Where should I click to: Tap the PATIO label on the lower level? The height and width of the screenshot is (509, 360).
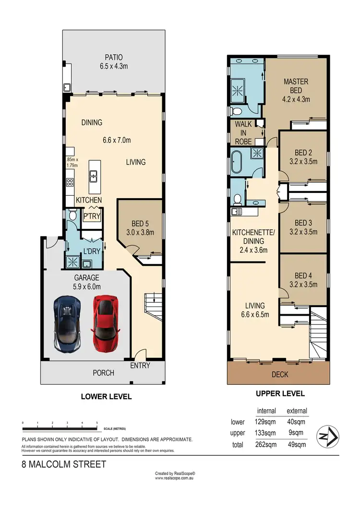tap(113, 62)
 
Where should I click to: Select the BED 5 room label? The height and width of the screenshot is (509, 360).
tap(141, 227)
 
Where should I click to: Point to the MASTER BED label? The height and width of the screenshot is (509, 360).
tap(296, 91)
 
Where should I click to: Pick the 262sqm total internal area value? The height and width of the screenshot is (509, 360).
tap(266, 445)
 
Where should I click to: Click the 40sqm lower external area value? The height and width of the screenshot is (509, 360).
tap(296, 422)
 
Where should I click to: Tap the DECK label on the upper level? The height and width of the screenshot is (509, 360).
tap(279, 374)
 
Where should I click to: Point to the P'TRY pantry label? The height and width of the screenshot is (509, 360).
tap(92, 216)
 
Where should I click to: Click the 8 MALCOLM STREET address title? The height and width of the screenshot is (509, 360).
tap(64, 464)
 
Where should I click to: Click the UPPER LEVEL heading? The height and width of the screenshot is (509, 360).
tap(280, 393)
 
